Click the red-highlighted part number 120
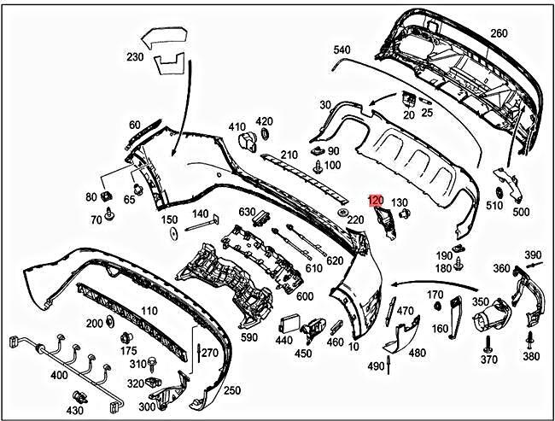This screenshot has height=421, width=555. tap(374, 202)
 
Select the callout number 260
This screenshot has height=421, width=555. tap(499, 34)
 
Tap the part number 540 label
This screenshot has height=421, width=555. tap(342, 50)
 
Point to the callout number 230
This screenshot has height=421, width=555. tap(135, 58)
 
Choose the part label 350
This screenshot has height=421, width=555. tap(481, 302)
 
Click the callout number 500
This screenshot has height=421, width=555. tap(520, 211)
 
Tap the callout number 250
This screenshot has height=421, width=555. tap(231, 390)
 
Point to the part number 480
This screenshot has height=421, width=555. tap(417, 353)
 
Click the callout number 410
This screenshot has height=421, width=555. tap(237, 127)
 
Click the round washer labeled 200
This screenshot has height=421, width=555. tap(110, 323)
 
